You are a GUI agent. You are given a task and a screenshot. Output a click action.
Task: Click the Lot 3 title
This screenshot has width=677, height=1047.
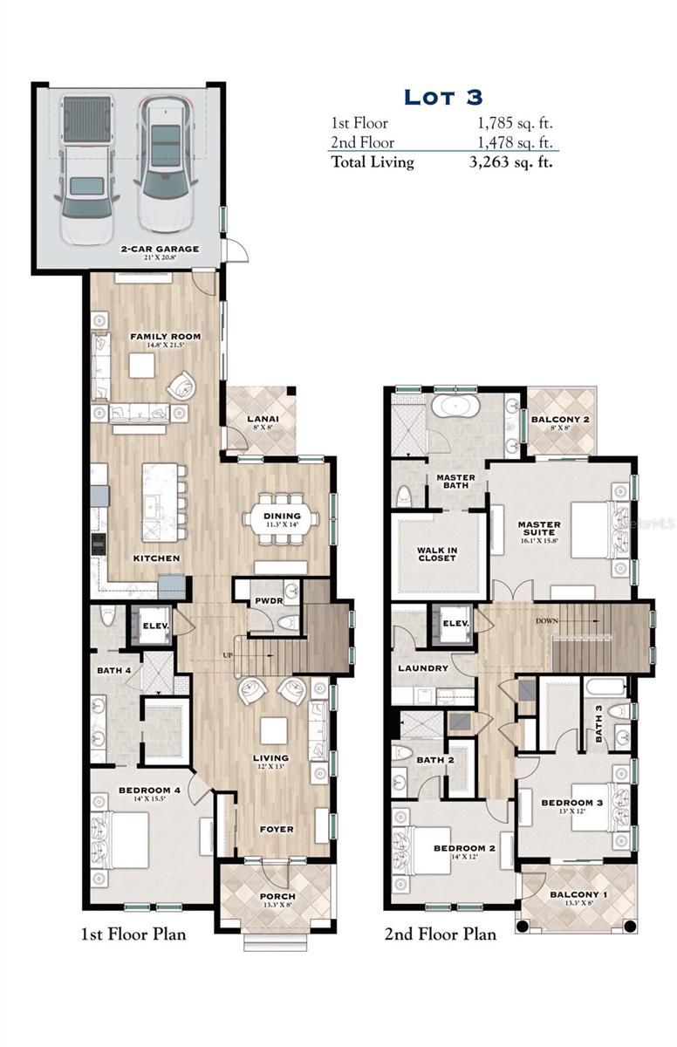[442, 96]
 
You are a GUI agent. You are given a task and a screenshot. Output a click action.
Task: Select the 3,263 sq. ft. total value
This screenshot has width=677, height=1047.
[511, 162]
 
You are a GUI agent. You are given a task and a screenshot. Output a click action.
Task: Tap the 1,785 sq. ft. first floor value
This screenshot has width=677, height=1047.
[511, 124]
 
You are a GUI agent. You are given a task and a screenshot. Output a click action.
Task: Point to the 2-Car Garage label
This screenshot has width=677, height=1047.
[160, 249]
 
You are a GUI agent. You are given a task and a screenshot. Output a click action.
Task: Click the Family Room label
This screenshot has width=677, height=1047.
[166, 337]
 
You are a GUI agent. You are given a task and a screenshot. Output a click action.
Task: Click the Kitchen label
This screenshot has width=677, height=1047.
[156, 558]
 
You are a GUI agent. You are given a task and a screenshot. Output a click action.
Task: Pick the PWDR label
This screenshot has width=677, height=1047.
[264, 602]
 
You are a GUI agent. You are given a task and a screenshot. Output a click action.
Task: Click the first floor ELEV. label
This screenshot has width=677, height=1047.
[155, 626]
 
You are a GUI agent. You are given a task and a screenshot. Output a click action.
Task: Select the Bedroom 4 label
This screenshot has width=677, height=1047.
[149, 791]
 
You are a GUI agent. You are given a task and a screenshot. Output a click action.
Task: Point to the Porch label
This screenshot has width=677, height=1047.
[277, 896]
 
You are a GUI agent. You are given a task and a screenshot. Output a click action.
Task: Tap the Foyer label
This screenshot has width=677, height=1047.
[277, 829]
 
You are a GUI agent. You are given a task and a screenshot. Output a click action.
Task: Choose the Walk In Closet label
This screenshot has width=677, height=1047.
[436, 553]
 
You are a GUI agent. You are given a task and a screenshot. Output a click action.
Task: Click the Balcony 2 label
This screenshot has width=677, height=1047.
[560, 420]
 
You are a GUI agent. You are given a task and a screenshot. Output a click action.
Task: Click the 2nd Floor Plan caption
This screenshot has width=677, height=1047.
[440, 934]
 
